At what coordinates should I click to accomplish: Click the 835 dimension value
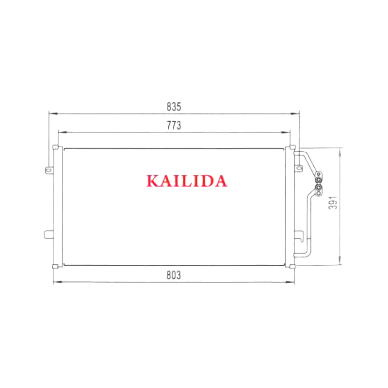tap(174, 107)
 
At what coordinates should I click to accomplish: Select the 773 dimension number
tap(174, 126)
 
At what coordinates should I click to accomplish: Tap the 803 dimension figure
tap(174, 275)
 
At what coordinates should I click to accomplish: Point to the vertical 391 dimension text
tap(333, 203)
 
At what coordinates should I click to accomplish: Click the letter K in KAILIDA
tap(153, 181)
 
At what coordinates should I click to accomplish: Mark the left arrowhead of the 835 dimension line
tap(53, 113)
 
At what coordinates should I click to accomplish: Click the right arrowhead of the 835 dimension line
tap(295, 114)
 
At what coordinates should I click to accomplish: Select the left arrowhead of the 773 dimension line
tap(63, 132)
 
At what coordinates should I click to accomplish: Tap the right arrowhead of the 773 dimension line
tap(286, 132)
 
